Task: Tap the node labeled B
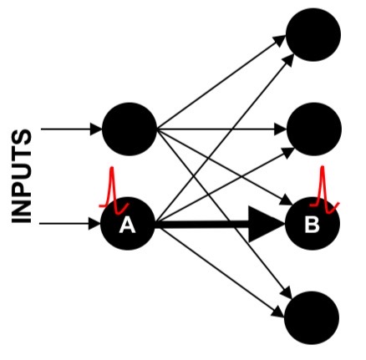point(313,224)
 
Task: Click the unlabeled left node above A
point(129,129)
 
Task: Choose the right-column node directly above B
point(313,129)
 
